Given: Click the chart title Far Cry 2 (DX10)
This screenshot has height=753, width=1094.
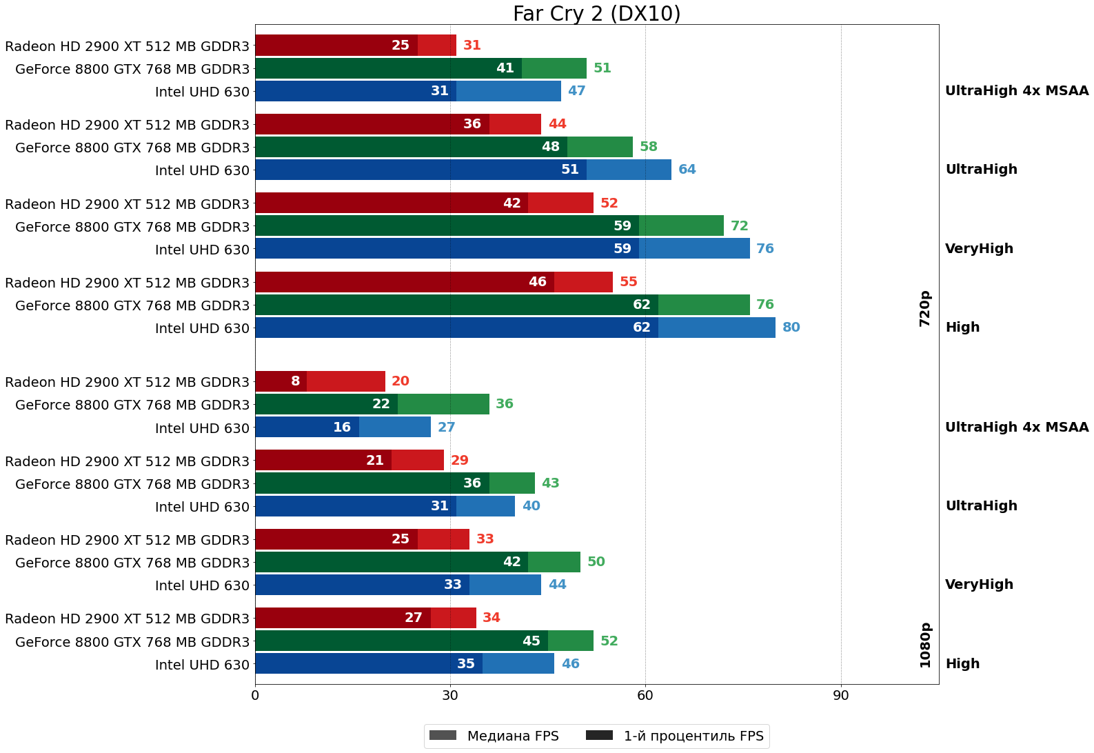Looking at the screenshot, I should tap(596, 14).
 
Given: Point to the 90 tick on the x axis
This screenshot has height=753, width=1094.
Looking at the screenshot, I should tap(840, 696).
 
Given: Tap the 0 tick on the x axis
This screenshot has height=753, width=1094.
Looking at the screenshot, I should tap(255, 696).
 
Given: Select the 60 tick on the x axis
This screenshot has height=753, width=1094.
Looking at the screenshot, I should tap(645, 696).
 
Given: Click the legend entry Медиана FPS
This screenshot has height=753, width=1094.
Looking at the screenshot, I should tap(493, 736).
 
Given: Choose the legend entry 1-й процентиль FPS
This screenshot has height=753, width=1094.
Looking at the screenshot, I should tap(676, 736).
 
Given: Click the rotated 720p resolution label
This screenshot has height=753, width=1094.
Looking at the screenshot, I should tap(925, 308).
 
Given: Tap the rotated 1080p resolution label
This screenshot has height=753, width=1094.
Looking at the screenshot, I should tap(925, 645).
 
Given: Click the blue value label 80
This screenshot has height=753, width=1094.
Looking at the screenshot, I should tap(791, 328).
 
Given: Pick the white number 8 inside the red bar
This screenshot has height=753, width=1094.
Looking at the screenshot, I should tap(296, 381).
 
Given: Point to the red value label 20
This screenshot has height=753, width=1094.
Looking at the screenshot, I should tap(401, 381).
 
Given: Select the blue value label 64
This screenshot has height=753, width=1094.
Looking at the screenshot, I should tap(687, 170).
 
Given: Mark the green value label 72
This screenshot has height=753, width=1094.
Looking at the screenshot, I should tap(739, 226).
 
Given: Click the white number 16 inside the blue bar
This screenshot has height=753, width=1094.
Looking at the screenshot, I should tap(342, 428).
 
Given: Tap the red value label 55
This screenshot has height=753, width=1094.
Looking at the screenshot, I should tap(628, 282).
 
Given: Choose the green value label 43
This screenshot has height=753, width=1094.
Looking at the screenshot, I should tap(550, 483).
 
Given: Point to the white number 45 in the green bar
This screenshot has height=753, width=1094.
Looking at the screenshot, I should tap(531, 641).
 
